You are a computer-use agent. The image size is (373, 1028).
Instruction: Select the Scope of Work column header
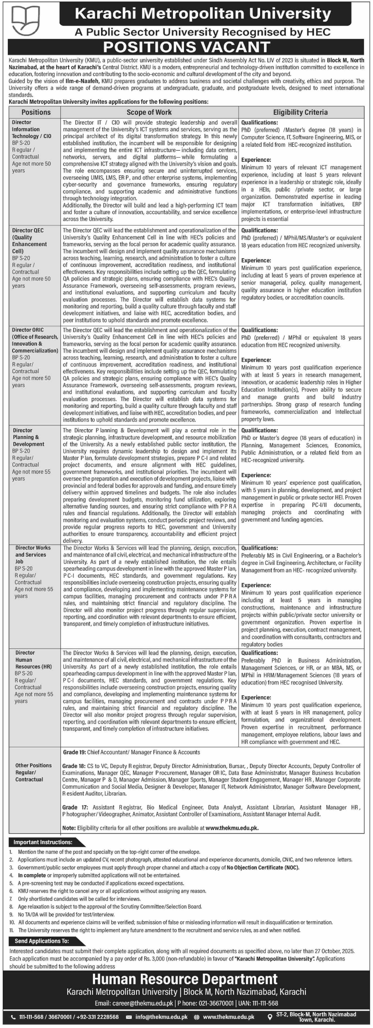[x=149, y=113]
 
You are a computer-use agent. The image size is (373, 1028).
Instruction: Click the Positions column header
[x=36, y=113]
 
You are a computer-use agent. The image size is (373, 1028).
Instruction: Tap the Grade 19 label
[x=74, y=752]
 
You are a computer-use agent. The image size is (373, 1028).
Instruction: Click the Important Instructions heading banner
[x=43, y=842]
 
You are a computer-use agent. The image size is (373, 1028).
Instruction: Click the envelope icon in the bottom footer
[x=129, y=1017]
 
